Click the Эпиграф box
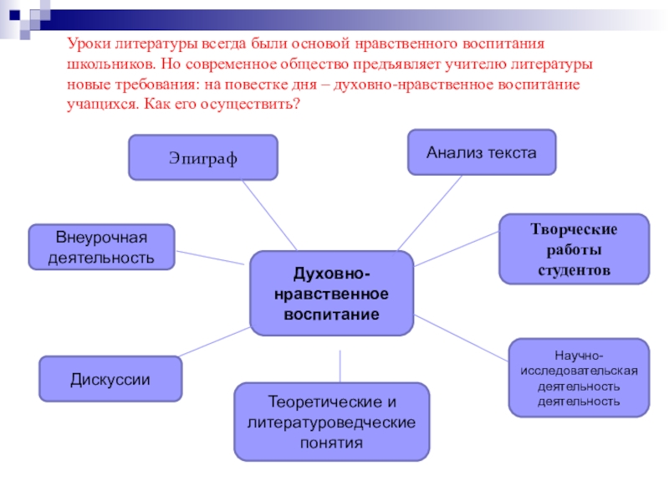pos(202,157)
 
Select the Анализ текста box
pos(481,152)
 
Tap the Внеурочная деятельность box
pos(101,247)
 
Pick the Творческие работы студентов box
pos(574,249)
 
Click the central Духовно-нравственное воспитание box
pos(331,294)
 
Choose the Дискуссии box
pos(110,379)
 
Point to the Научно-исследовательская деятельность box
pos(579,378)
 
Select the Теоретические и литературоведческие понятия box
pos(331,422)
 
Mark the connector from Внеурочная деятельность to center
pos(212,254)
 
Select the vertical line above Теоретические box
pos(340,366)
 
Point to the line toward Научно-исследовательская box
pos(462,338)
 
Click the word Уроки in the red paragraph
pos(86,43)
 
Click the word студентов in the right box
pos(574,272)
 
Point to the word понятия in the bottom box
pos(331,443)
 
